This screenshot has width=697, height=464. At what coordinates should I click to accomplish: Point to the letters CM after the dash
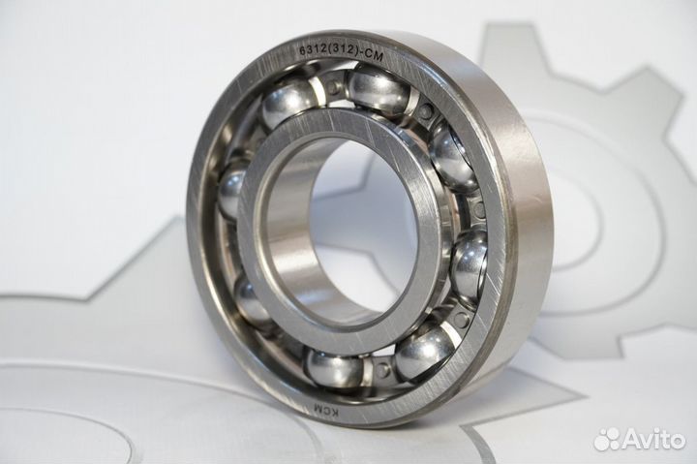click(374, 55)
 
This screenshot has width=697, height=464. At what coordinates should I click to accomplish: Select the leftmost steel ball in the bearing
click(230, 195)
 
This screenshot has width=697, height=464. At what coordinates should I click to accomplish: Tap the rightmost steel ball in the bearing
click(469, 263)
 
